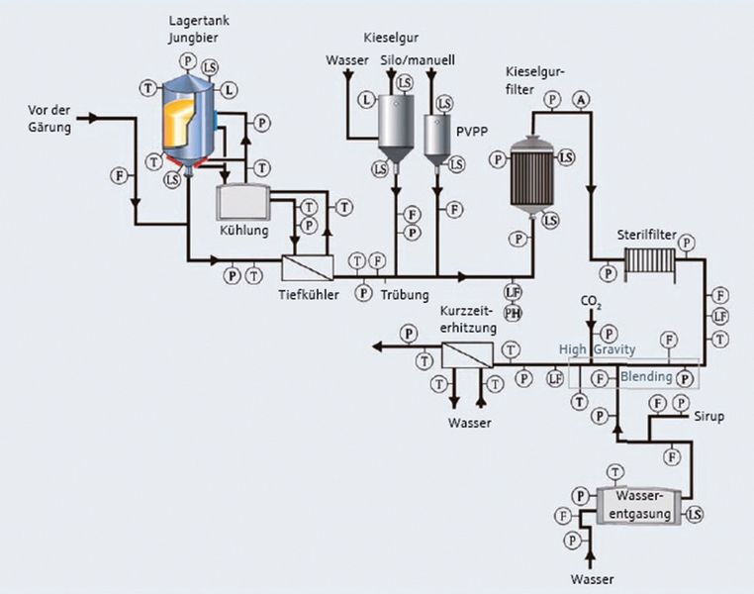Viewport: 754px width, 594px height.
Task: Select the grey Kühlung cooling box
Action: (241, 203)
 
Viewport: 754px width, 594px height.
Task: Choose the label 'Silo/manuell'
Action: (418, 61)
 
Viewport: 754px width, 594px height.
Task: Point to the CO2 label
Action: (591, 301)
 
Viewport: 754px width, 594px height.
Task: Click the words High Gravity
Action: (597, 350)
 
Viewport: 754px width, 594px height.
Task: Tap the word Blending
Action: (645, 376)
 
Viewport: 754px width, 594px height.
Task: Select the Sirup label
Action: (707, 416)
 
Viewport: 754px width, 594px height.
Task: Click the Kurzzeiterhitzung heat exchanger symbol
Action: (466, 354)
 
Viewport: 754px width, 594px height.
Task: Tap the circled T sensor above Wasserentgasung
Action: (615, 470)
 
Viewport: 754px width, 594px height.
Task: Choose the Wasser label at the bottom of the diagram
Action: (592, 578)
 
